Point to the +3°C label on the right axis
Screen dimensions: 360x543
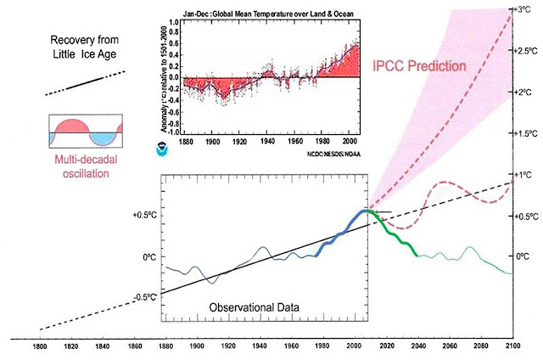click(523, 8)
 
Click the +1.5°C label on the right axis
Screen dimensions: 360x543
click(524, 134)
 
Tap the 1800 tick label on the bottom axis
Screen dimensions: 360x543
click(41, 346)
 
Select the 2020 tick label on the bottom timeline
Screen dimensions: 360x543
click(386, 346)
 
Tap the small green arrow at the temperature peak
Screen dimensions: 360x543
click(383, 211)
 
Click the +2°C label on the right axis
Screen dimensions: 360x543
click(524, 92)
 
